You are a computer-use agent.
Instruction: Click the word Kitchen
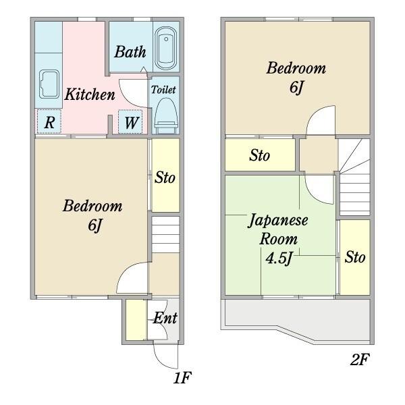coord(90,94)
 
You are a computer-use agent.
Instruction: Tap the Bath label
coord(130,52)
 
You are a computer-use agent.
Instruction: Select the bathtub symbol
coord(166,49)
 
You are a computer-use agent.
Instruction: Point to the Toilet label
coord(163,90)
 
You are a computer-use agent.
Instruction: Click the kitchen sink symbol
coord(49,84)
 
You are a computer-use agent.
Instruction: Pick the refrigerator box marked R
coord(49,122)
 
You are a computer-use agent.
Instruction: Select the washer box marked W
coord(130,122)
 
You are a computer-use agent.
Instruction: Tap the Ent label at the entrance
coord(165,318)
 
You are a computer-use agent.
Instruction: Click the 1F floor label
coord(182,377)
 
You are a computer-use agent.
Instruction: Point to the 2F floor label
coord(360,359)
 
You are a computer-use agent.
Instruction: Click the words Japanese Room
coord(278,230)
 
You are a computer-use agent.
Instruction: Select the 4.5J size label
coord(279,258)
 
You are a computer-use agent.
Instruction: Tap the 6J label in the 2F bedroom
coord(296,87)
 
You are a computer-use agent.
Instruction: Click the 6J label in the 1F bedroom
coord(94,225)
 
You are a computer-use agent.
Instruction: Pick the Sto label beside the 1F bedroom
coord(165,178)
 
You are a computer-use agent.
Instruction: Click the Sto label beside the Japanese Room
coord(355,257)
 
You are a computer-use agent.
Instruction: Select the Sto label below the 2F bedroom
coord(259,155)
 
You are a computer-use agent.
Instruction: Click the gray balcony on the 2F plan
coord(297,320)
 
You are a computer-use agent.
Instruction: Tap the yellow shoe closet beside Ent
coord(136,320)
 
